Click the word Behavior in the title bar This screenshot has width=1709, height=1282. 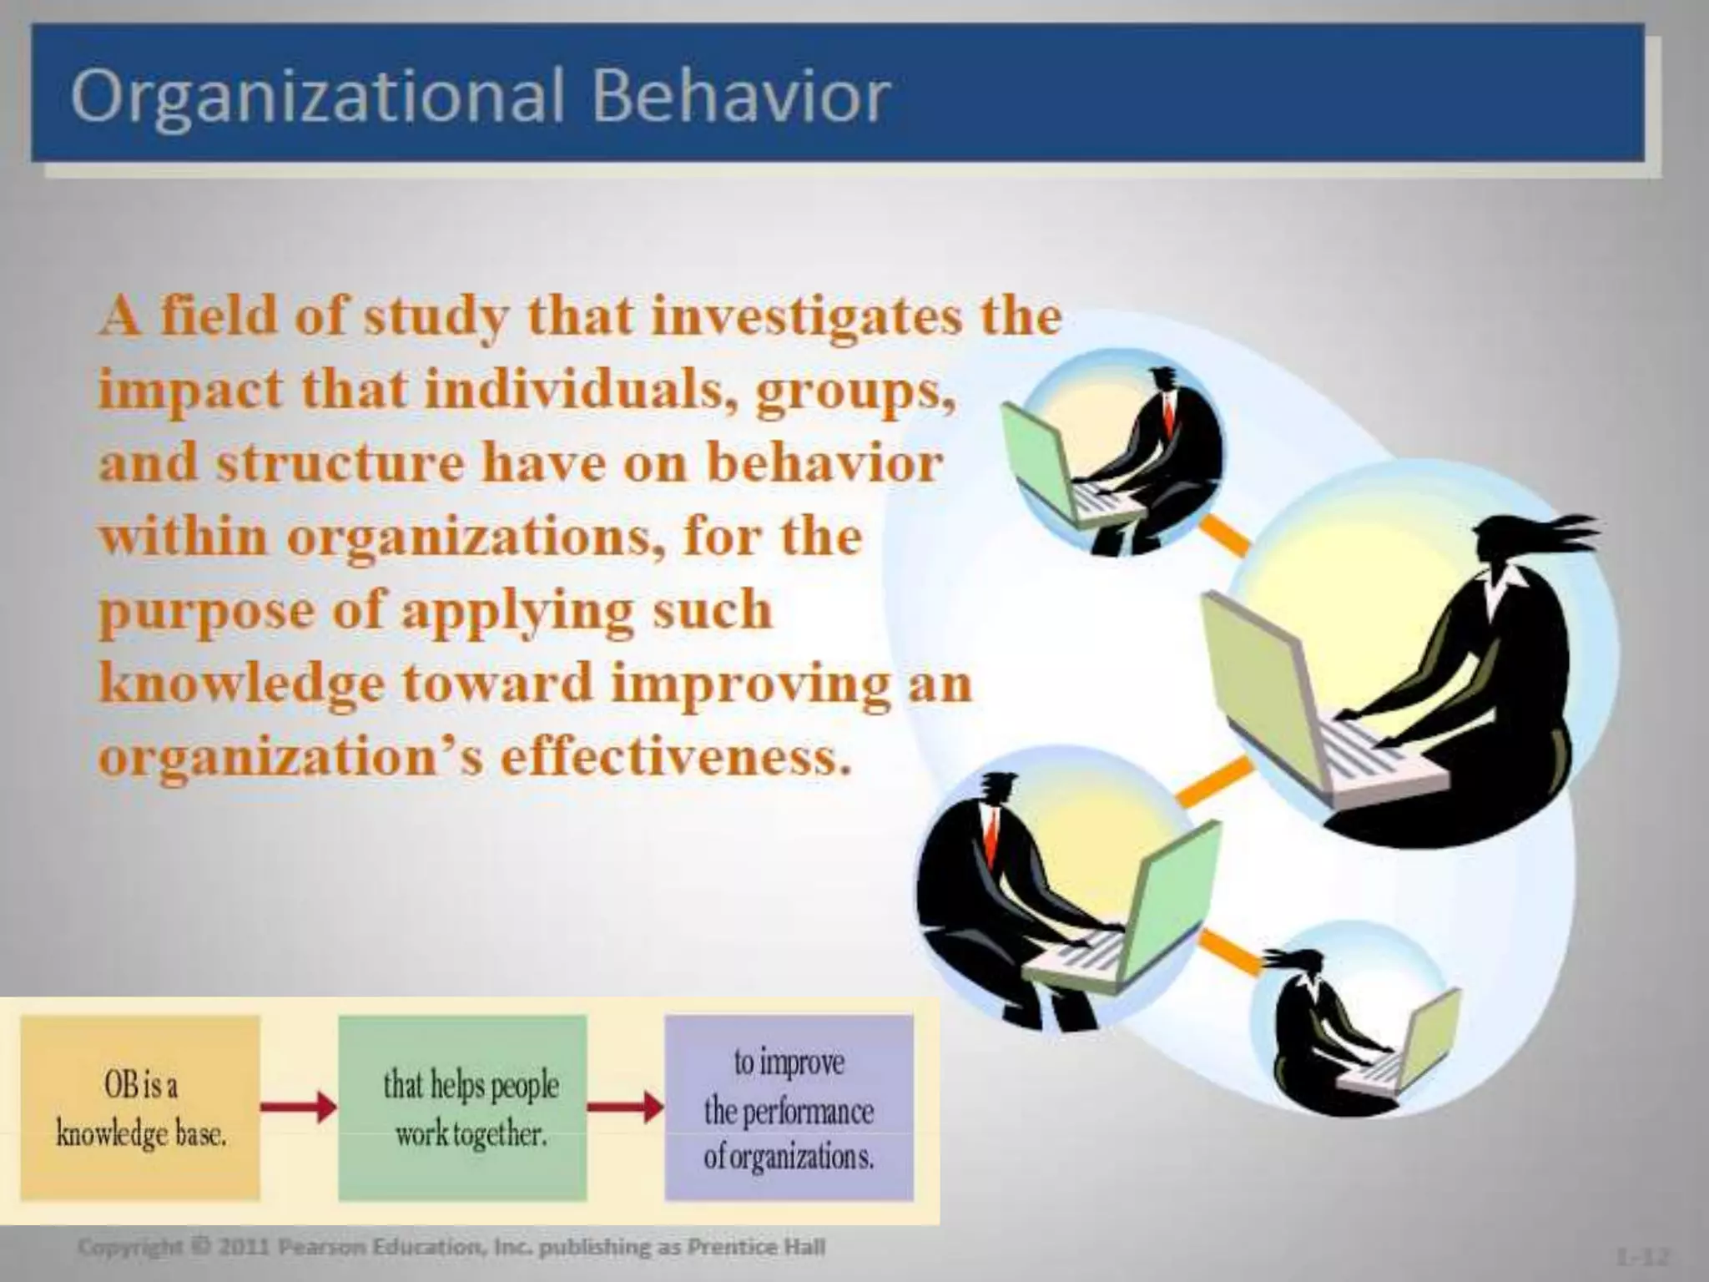741,96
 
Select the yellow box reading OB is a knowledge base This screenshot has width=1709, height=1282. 140,1108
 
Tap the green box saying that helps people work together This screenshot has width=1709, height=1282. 463,1108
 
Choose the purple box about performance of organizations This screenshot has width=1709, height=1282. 789,1108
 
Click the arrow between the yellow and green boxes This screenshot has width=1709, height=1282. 299,1108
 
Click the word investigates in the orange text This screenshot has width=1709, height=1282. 805,317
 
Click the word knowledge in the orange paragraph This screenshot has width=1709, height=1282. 242,684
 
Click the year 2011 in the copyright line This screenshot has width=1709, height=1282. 244,1248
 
